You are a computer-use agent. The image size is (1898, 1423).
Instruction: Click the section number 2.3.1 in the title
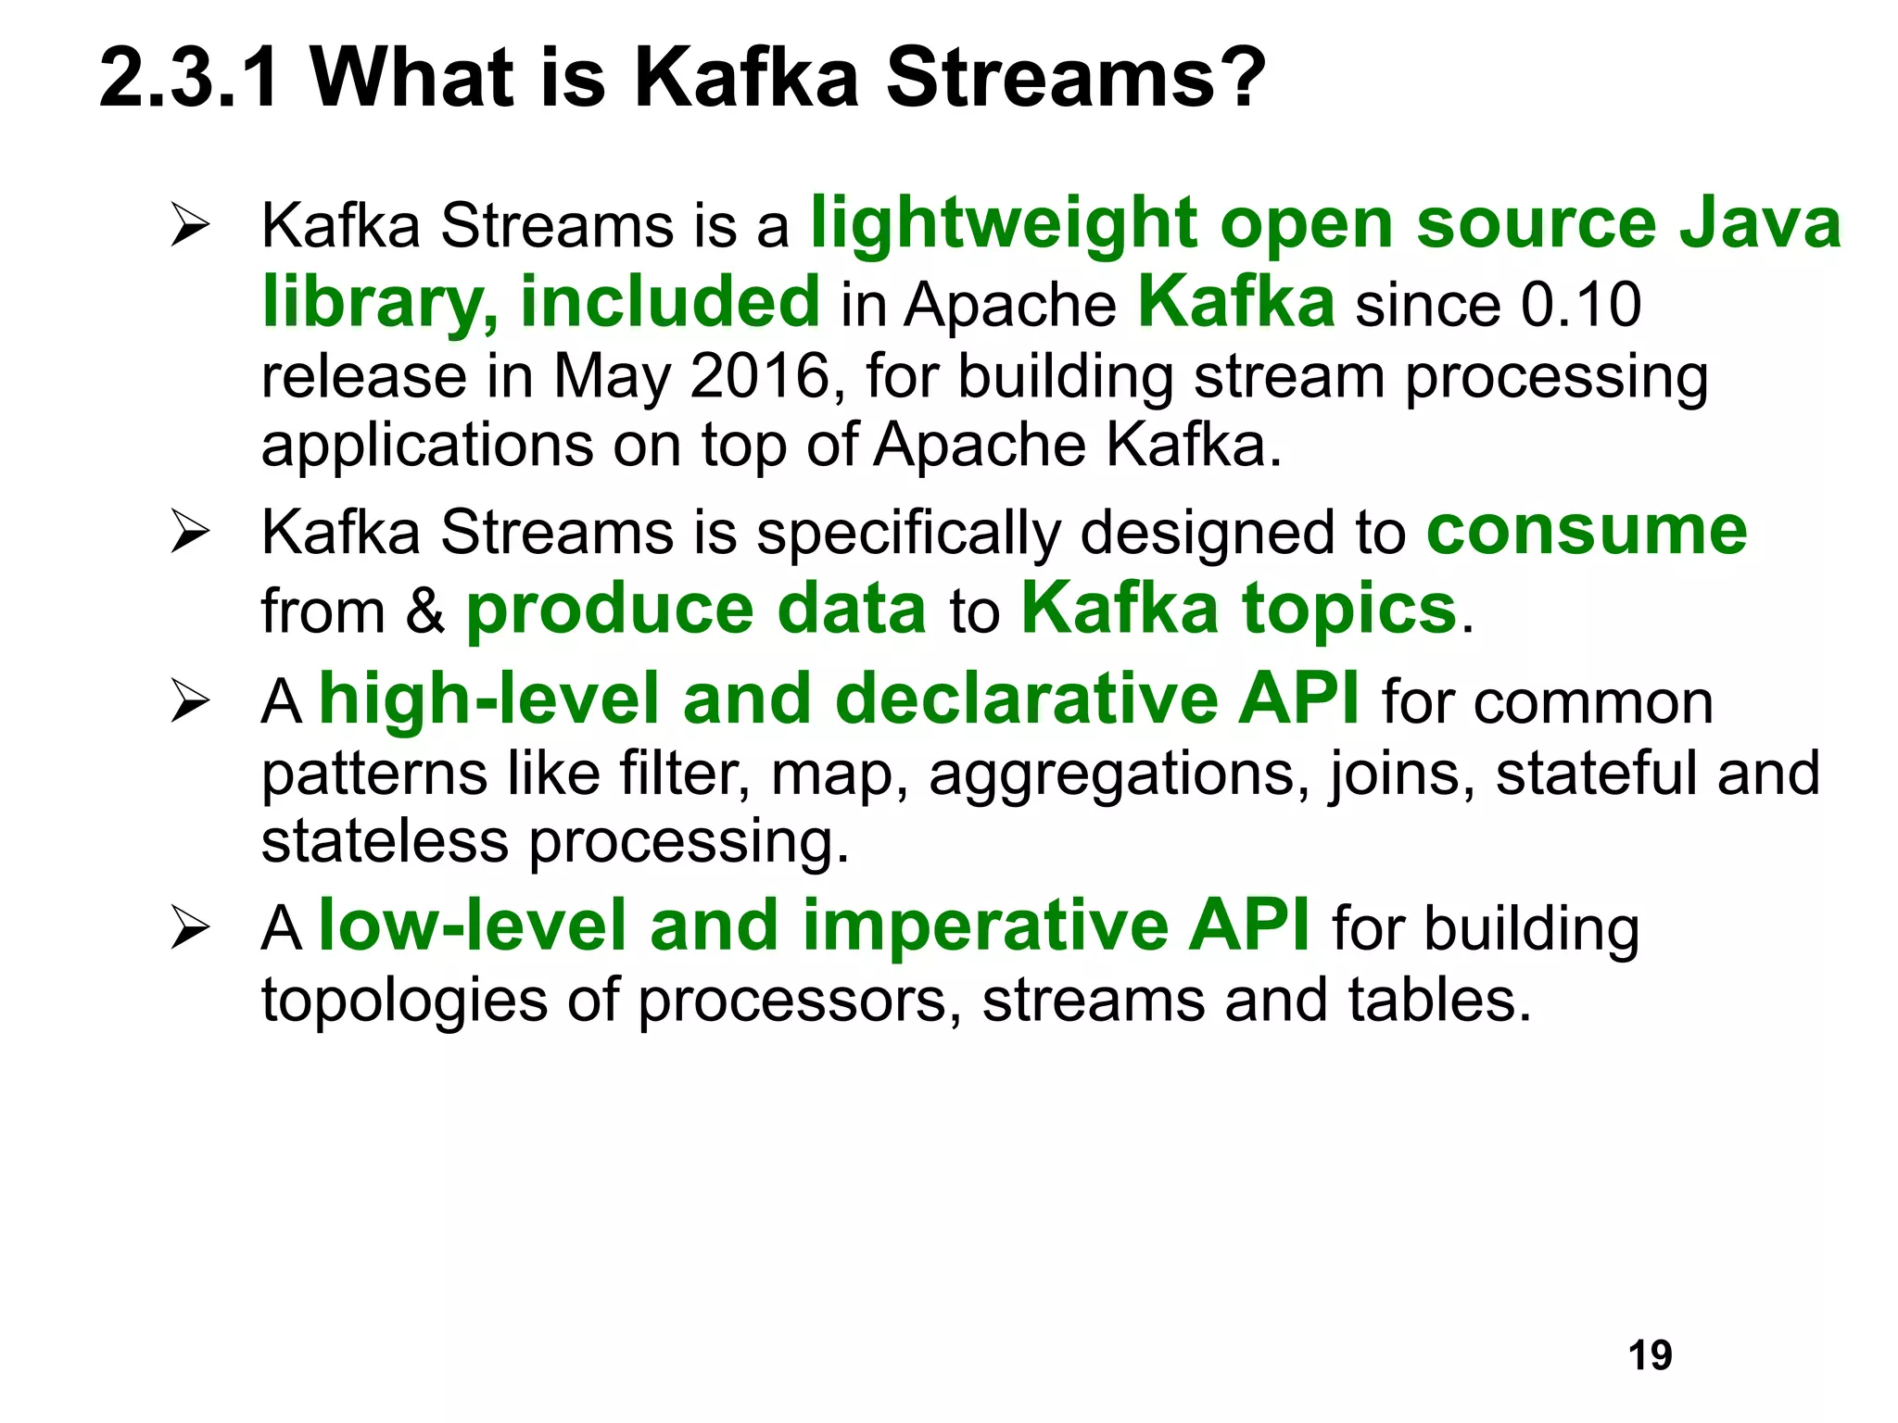coord(189,78)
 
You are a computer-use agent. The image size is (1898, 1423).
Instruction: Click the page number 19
coord(1650,1355)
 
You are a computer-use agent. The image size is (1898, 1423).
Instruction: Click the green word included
coord(669,302)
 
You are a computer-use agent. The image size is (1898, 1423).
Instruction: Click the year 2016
coord(759,376)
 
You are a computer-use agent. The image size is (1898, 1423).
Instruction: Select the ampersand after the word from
coord(424,611)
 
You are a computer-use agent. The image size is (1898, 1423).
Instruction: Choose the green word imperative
coord(984,926)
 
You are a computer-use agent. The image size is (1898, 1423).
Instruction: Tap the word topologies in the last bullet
coord(404,1001)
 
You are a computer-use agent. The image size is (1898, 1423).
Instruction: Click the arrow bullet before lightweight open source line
coord(190,225)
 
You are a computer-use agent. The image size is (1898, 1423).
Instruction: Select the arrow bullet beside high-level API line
coord(190,701)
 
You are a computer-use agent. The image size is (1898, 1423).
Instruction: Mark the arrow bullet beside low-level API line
coord(190,928)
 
